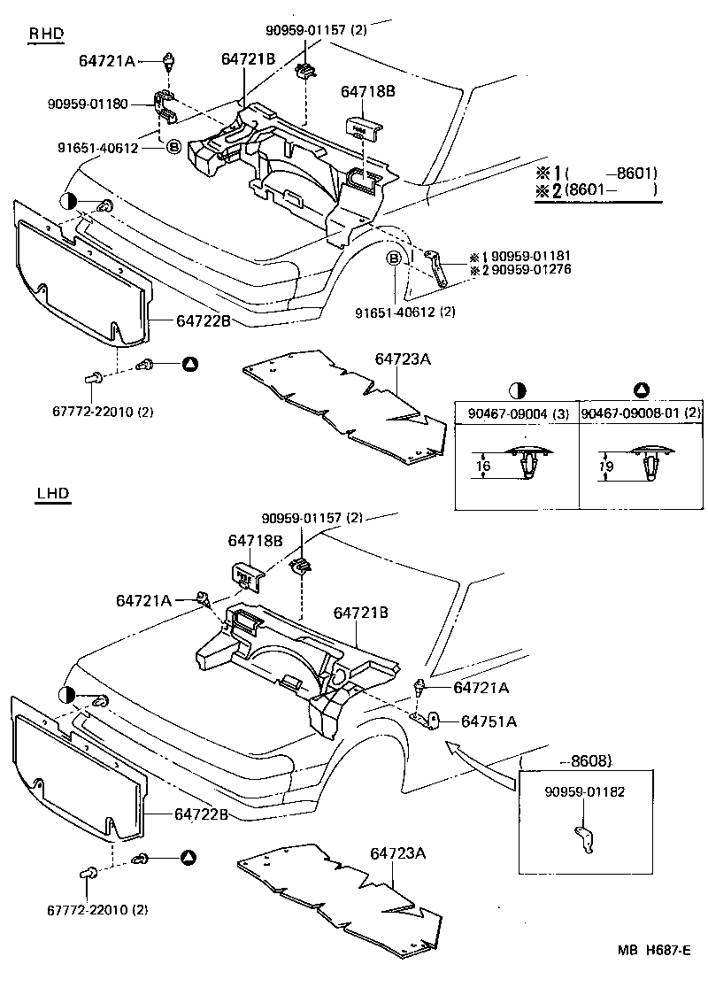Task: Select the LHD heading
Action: tap(53, 493)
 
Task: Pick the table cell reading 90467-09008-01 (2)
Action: tap(640, 413)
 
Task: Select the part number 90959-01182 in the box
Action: tap(583, 791)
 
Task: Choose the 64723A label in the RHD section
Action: tap(402, 359)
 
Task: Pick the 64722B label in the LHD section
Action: tap(201, 814)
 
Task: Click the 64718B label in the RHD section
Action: tap(368, 90)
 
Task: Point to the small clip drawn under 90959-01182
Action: tap(582, 837)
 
